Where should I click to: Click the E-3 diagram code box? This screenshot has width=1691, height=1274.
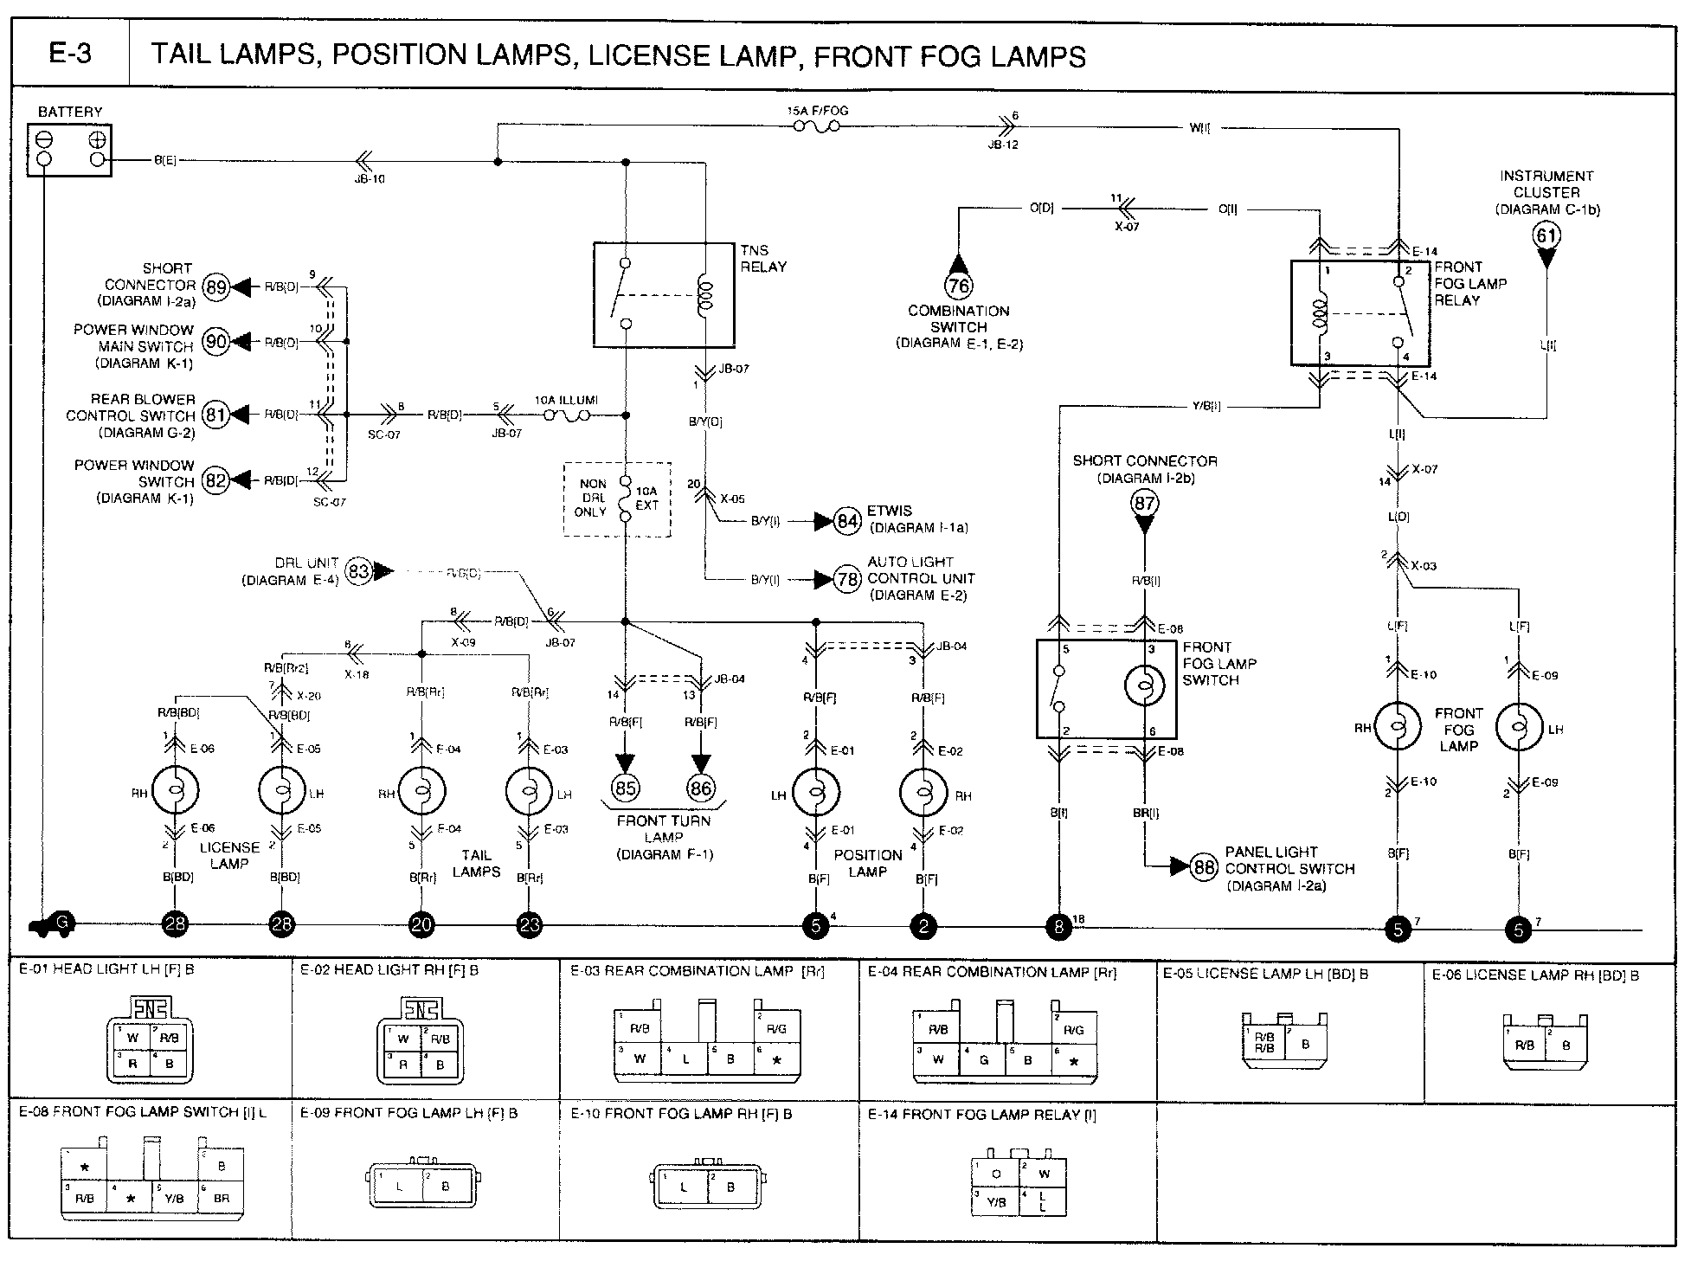click(70, 54)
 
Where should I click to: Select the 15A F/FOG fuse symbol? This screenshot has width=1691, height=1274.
click(815, 127)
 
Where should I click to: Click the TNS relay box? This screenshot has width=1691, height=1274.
click(664, 294)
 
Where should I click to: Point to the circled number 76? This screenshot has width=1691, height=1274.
click(958, 285)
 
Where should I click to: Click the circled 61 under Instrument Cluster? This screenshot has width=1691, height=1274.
click(1546, 235)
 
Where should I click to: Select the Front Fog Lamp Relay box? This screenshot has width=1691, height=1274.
click(1360, 312)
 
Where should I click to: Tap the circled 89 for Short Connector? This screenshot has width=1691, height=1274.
click(215, 287)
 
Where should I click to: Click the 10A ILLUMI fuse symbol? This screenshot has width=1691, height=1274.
click(567, 415)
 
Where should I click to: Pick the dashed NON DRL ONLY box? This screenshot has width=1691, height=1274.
click(617, 499)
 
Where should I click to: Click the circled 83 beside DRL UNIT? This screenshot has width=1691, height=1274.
click(357, 571)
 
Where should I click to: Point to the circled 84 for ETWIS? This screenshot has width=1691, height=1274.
click(847, 521)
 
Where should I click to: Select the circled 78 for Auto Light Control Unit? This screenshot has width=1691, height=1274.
click(847, 579)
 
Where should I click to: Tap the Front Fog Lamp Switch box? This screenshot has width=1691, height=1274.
click(1106, 688)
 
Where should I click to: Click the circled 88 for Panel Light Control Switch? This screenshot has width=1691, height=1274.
click(1204, 866)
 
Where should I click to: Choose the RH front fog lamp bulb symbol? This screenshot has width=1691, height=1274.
click(1398, 726)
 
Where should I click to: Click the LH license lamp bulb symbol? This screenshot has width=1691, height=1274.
click(282, 789)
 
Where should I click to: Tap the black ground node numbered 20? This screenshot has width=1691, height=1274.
click(421, 924)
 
